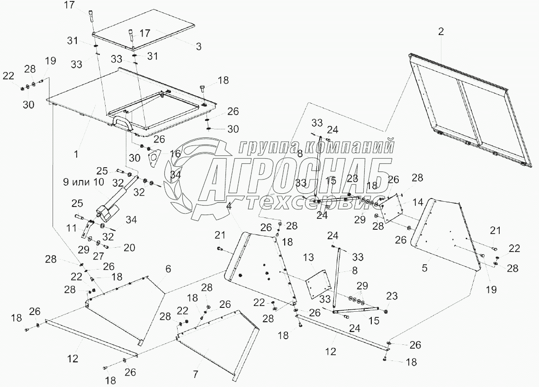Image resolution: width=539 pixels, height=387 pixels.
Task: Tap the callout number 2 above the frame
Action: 441,32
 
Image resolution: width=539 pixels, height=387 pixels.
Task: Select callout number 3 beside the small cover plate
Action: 198,46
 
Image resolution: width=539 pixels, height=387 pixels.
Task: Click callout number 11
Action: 71,228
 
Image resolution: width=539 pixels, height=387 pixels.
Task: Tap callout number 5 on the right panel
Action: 425,268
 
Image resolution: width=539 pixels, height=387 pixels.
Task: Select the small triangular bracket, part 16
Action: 154,158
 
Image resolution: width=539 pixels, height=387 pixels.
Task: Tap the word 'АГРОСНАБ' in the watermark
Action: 294,177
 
